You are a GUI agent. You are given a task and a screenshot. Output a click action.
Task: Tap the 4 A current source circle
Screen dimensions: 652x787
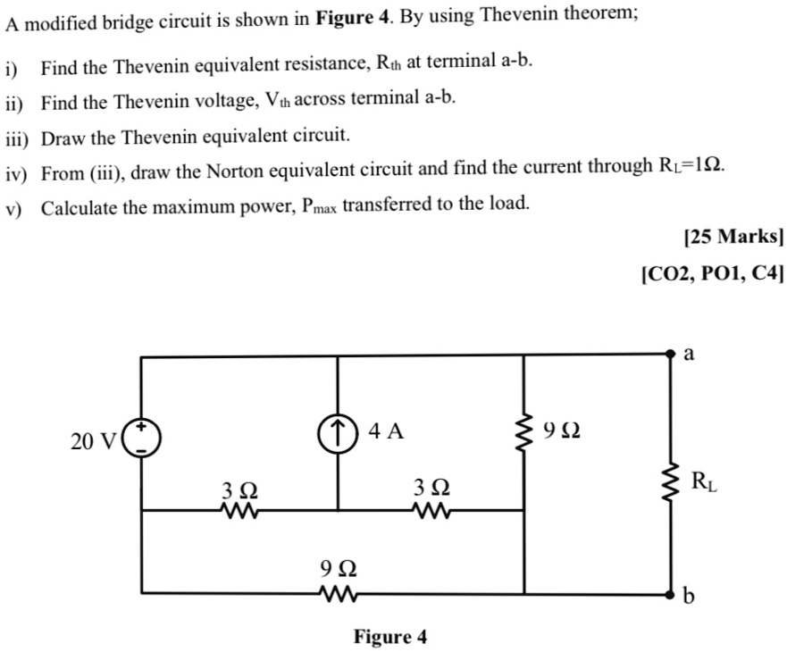tap(338, 433)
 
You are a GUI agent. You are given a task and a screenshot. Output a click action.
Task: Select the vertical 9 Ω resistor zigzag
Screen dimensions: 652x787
tap(523, 433)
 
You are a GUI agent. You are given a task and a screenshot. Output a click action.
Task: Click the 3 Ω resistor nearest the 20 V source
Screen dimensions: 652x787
tap(239, 511)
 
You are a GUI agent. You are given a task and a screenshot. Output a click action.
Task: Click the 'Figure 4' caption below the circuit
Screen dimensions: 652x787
tap(390, 637)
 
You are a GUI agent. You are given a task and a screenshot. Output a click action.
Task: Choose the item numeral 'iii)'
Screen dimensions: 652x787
tap(19, 138)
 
